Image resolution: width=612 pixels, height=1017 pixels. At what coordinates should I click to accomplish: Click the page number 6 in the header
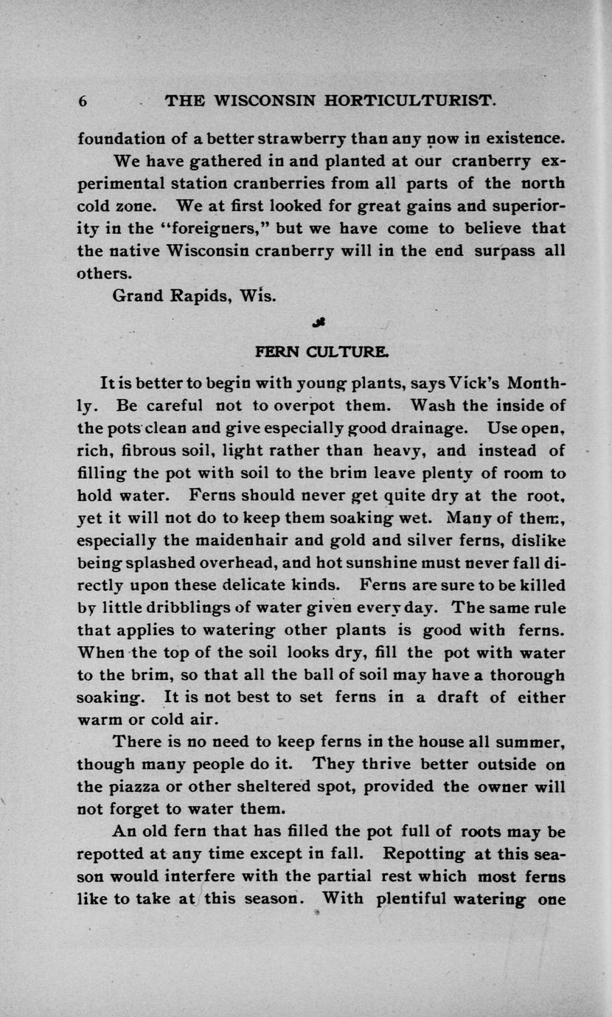pyautogui.click(x=83, y=101)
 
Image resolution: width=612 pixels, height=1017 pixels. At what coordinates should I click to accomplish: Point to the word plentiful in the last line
pyautogui.click(x=420, y=899)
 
